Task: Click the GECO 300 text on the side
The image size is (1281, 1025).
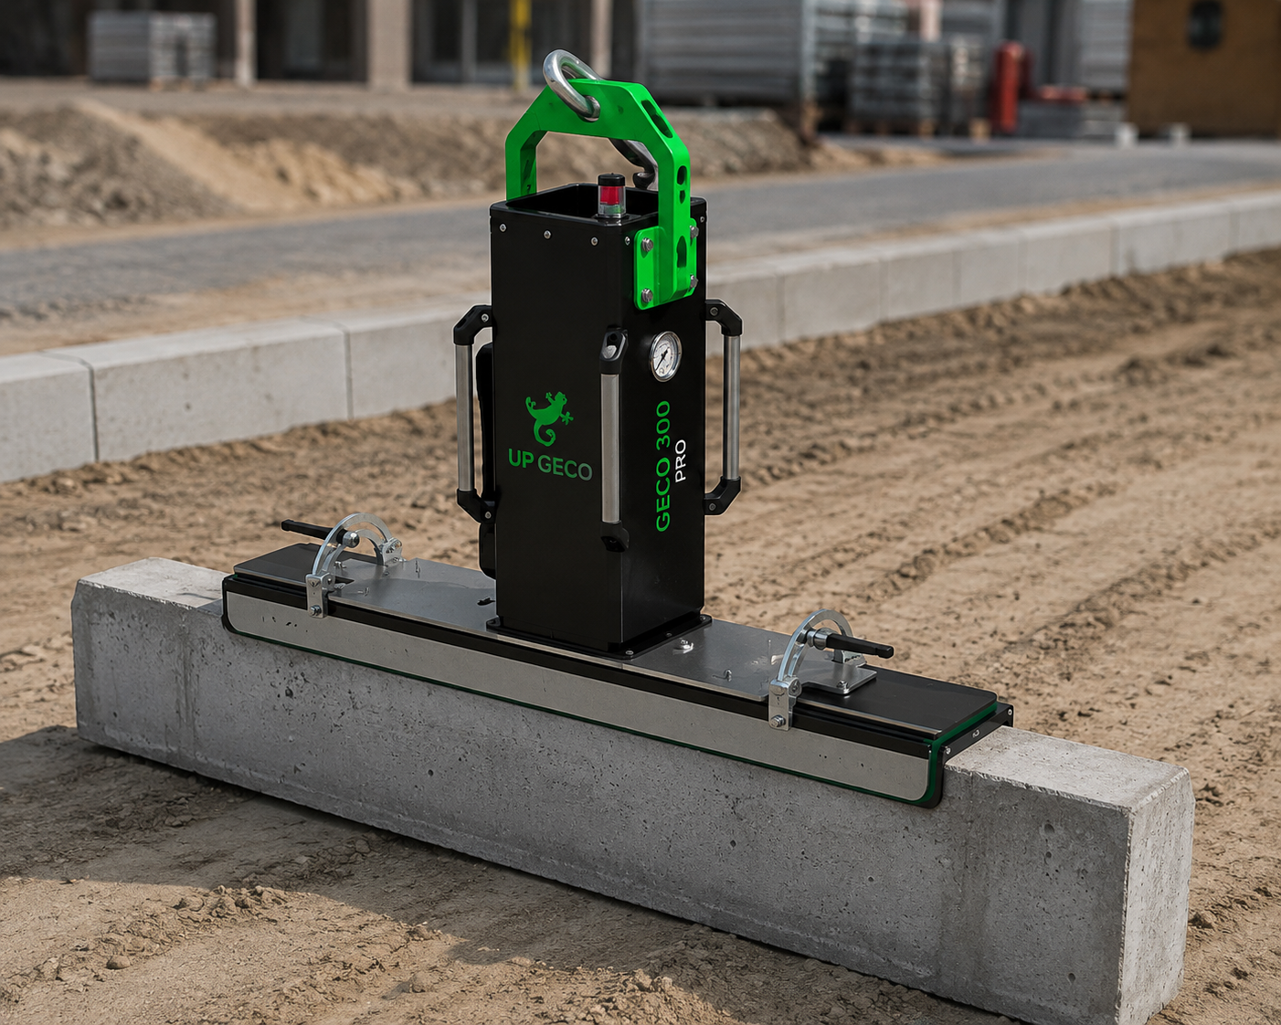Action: pos(662,466)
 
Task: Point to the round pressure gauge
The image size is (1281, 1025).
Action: pos(665,355)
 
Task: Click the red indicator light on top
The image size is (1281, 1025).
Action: pos(610,195)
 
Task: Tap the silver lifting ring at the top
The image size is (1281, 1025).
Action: pos(571,83)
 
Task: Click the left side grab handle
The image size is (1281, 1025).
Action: pos(473,411)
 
